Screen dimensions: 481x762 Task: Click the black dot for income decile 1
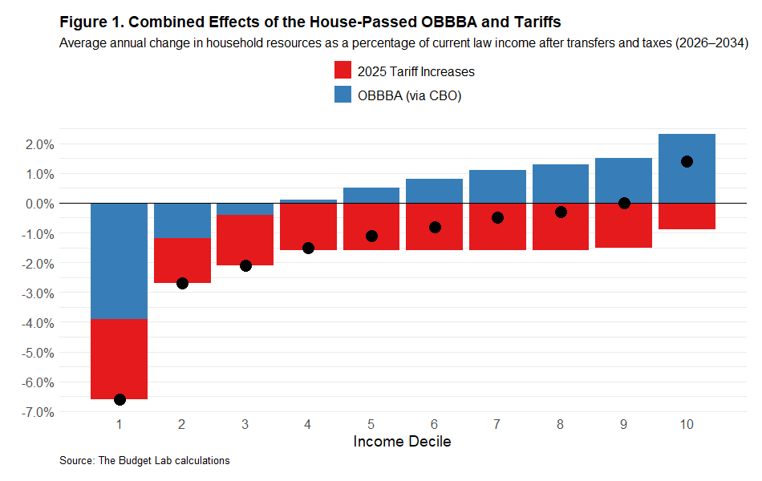(x=120, y=399)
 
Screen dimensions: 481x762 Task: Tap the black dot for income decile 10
(x=687, y=161)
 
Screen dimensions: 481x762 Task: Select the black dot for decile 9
(x=624, y=203)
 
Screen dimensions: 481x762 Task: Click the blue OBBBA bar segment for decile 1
(x=119, y=261)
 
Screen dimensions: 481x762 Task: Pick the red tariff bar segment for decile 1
(x=119, y=358)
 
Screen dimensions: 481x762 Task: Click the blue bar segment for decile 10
(x=687, y=168)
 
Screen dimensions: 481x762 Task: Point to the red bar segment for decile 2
(x=182, y=261)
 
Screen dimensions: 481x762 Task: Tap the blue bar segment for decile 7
(x=497, y=186)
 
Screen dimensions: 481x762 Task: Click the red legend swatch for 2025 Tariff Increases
(x=342, y=71)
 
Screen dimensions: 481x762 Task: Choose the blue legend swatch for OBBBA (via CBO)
(x=342, y=95)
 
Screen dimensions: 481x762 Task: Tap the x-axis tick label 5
(x=371, y=424)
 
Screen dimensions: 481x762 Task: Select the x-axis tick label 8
(x=561, y=424)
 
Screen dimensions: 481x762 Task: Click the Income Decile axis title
(x=402, y=442)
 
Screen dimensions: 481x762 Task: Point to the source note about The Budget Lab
(x=144, y=461)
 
